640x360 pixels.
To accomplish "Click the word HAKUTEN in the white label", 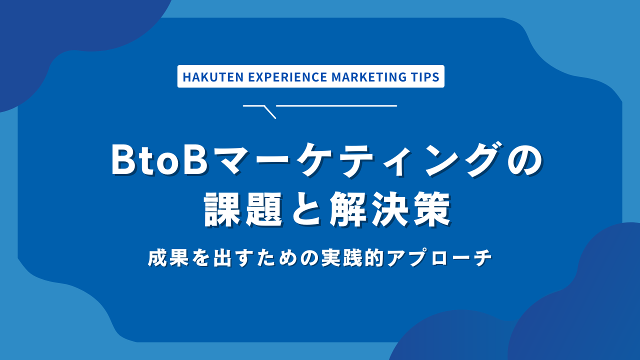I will coord(205,77).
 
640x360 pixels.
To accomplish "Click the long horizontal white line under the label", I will coord(336,105).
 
